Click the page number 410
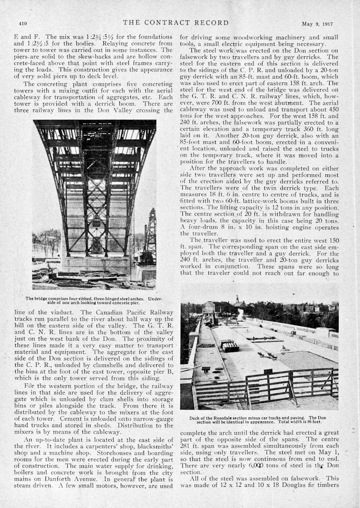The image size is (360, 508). coord(23,23)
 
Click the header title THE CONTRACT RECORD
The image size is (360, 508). coord(175,23)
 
